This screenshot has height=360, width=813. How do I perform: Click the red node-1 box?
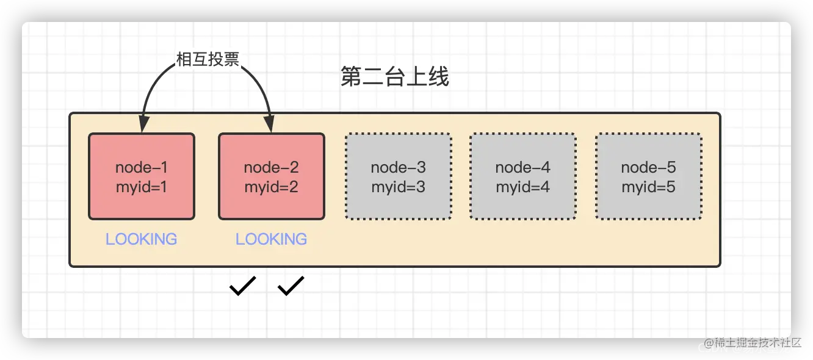point(142,176)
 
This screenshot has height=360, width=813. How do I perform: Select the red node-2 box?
point(272,176)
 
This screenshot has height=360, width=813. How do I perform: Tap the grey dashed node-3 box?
point(399,176)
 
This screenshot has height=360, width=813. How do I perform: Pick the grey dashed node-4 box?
point(522,176)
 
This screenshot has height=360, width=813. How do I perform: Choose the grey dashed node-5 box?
point(648,176)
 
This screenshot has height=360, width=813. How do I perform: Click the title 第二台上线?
point(394,78)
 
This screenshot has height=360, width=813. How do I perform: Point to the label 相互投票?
point(207,59)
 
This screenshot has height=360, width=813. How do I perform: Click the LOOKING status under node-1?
point(142,239)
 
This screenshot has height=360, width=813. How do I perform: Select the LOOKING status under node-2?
point(272,239)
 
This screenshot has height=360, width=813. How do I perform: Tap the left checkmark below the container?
point(242,286)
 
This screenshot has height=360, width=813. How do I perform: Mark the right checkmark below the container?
point(291,286)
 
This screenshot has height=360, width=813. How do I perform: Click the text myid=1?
point(142,187)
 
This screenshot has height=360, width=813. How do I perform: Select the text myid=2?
point(272,187)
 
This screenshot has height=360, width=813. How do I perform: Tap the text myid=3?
point(399,187)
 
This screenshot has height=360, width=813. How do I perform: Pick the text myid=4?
point(522,187)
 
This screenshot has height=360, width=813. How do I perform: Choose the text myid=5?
point(648,187)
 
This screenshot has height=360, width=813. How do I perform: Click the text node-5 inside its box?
point(648,167)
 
